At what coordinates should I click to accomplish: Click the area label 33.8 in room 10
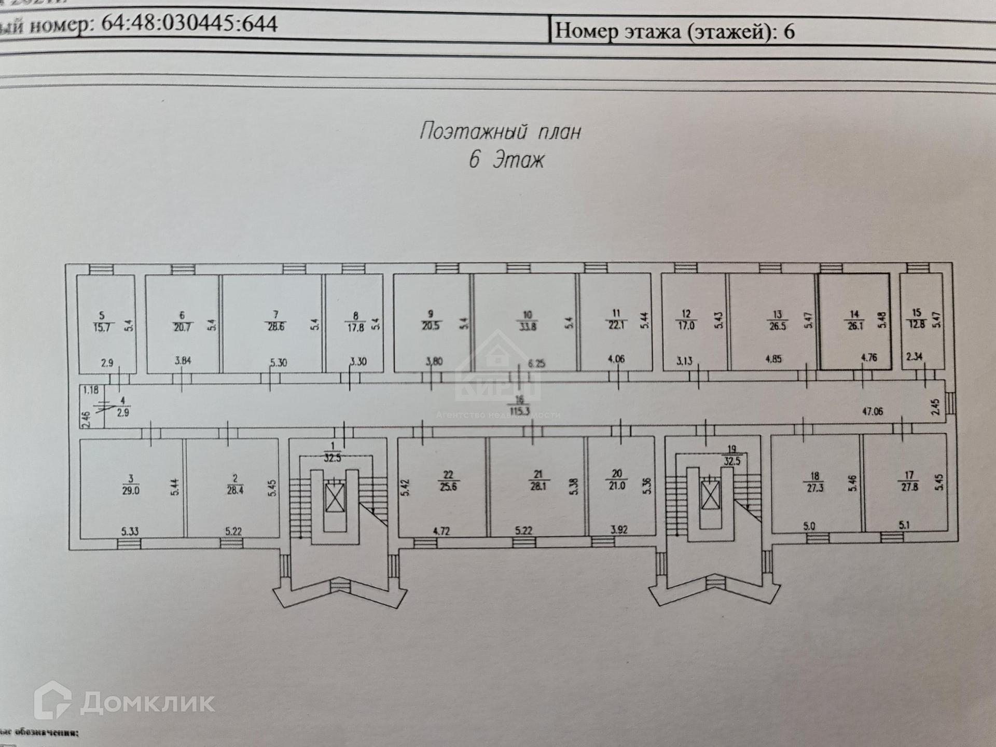(x=528, y=327)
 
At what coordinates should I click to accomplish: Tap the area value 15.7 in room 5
(x=102, y=328)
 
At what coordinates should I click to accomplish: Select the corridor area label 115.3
(x=519, y=411)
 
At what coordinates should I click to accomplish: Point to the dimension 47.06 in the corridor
(x=873, y=411)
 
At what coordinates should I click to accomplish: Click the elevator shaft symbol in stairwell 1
(x=335, y=496)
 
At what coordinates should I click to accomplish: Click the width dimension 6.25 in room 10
(x=536, y=364)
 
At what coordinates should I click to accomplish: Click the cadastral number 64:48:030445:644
(x=189, y=24)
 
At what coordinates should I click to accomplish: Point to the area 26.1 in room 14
(x=854, y=327)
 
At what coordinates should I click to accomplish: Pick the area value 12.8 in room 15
(x=917, y=325)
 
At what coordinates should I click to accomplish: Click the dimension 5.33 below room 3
(x=130, y=531)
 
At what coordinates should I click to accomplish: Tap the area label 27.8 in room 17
(x=909, y=487)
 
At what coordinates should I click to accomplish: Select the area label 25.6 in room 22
(x=448, y=487)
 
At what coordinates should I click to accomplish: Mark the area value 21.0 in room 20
(x=617, y=486)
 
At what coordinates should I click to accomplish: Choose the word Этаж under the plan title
(x=518, y=160)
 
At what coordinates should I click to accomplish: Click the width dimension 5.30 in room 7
(x=279, y=363)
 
